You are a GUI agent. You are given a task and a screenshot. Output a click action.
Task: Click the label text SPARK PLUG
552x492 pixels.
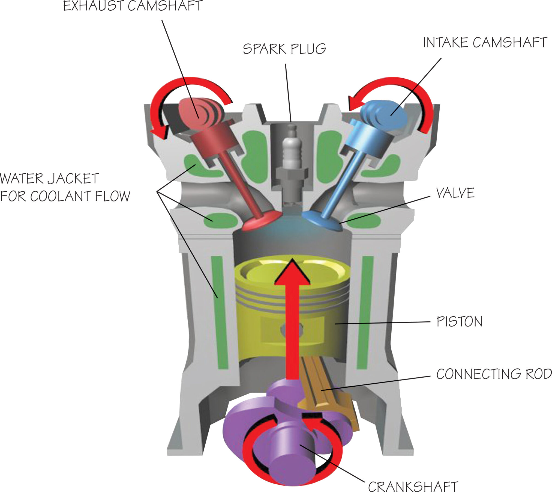coord(284,49)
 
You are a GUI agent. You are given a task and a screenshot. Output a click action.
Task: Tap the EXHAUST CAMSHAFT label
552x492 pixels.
coord(133,6)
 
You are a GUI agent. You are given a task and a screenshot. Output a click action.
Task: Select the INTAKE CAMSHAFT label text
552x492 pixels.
coord(485,43)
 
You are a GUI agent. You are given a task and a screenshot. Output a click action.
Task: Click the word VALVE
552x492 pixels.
coord(455,193)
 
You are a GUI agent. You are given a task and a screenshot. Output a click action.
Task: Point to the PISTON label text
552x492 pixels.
coord(459,321)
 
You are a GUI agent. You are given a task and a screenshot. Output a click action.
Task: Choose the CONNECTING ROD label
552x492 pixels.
coord(494,374)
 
